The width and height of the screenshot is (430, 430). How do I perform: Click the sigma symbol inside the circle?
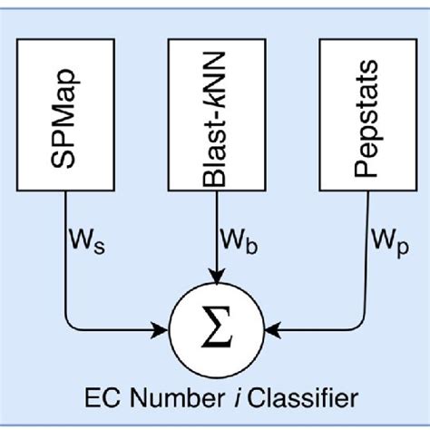tap(215, 326)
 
